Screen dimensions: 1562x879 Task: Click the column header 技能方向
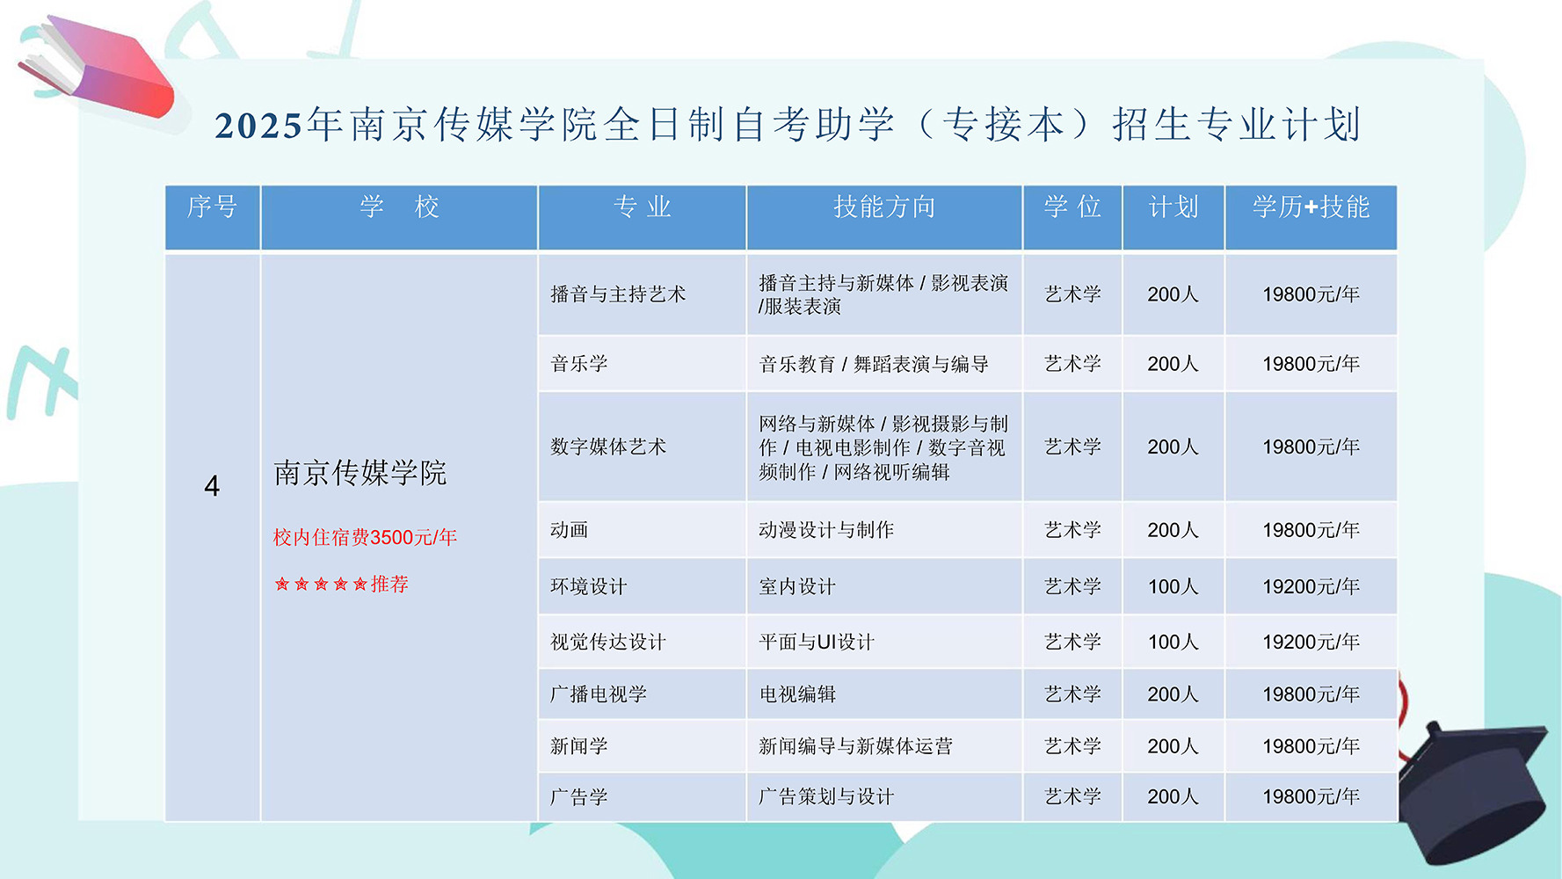click(884, 207)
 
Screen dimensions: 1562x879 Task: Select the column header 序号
click(212, 207)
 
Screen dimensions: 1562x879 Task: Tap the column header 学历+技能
click(1311, 207)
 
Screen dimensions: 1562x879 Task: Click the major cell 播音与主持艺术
click(618, 294)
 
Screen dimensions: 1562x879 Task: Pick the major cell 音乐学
click(579, 364)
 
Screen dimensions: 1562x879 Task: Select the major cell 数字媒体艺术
click(608, 447)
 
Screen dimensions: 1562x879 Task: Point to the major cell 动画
click(570, 530)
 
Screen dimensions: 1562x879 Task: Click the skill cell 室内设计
click(797, 586)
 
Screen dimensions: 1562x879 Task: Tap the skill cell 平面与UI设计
click(817, 642)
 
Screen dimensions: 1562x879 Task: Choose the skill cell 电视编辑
click(797, 694)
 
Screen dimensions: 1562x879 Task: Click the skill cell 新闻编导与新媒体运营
click(855, 746)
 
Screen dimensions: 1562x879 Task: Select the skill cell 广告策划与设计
click(826, 796)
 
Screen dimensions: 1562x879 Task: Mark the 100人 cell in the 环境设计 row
click(1173, 586)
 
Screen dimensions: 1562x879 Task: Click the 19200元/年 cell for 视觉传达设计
click(1311, 642)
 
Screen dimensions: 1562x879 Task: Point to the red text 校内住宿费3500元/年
click(365, 537)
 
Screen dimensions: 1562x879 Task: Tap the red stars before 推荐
click(321, 584)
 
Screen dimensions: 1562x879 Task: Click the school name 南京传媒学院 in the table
click(360, 473)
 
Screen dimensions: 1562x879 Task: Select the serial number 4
click(212, 485)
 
